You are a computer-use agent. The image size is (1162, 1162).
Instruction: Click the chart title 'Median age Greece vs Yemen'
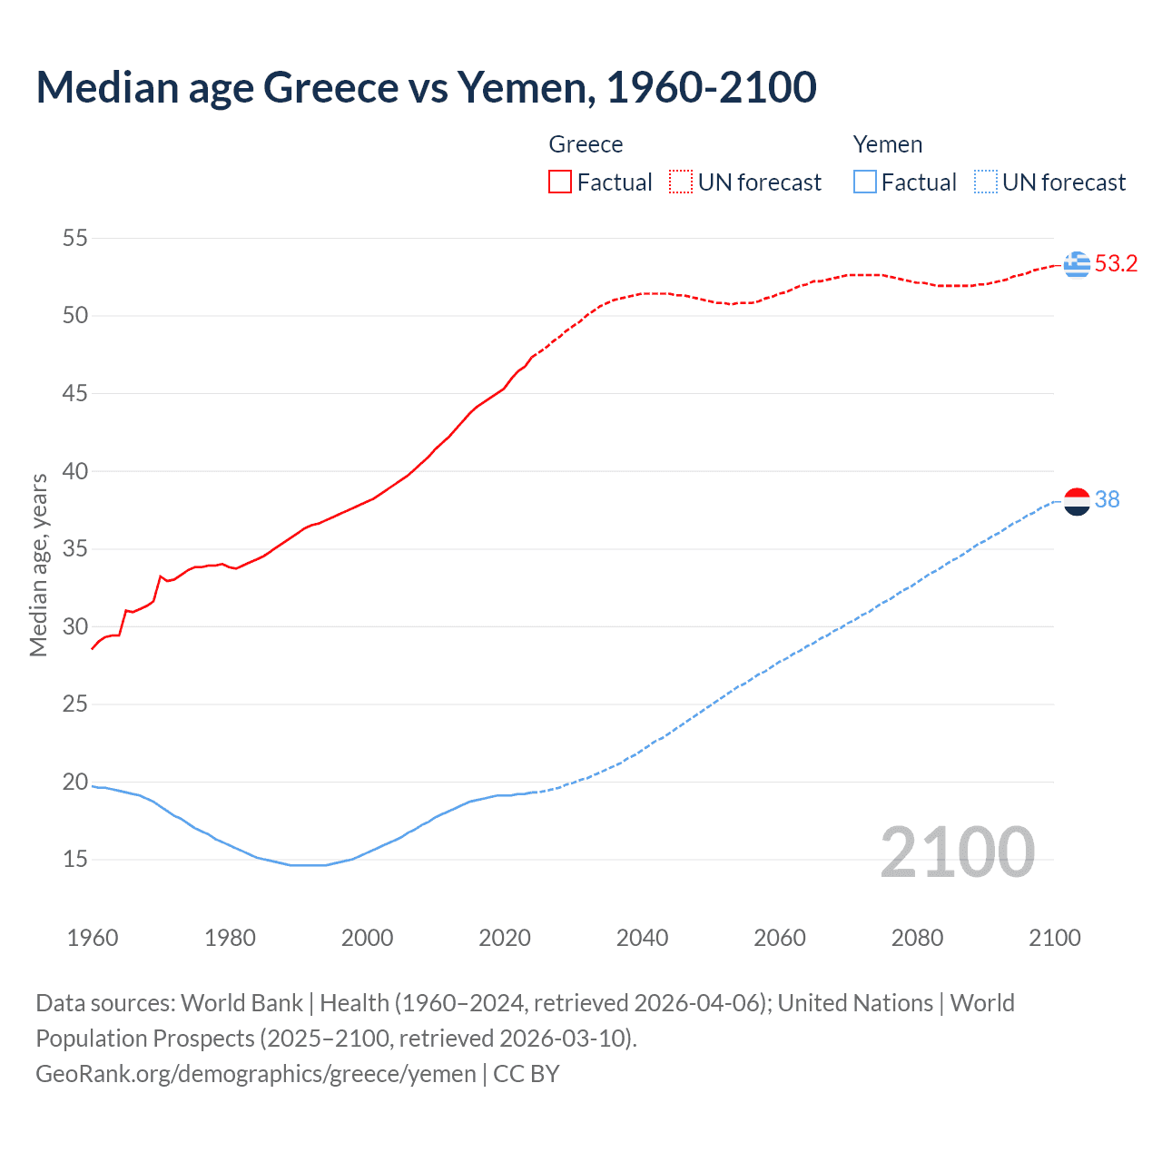coord(426,87)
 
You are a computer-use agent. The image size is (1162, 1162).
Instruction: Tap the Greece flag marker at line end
coord(1077,264)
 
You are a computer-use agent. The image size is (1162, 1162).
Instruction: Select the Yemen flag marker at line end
coord(1077,500)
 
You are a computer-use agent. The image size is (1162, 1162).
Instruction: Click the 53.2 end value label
coord(1116,264)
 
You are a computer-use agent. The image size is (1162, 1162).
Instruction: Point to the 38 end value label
coord(1107,500)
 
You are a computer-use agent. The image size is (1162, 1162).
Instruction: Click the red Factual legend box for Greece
coord(560,182)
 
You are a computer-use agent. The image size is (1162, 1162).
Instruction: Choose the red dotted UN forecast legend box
coord(681,182)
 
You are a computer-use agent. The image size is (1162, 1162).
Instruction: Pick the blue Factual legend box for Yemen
coord(864,182)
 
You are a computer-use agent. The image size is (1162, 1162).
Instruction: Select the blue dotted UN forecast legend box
coord(985,182)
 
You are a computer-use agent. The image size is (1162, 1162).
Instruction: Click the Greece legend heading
coord(586,144)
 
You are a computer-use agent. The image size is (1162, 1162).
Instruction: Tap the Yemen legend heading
coord(887,144)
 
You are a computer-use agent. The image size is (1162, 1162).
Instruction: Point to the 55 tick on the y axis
coord(74,239)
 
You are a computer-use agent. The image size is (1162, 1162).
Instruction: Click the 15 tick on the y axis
coord(74,859)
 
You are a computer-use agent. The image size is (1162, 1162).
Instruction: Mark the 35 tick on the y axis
coord(74,549)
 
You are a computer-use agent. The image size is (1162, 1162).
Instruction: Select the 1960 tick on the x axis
coord(93,938)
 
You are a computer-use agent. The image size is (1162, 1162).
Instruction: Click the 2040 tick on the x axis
coord(642,938)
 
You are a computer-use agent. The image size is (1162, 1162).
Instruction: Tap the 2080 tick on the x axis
coord(917,938)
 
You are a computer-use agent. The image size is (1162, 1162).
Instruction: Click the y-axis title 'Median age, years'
coord(38,565)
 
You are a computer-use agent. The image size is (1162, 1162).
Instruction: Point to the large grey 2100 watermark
coord(957,852)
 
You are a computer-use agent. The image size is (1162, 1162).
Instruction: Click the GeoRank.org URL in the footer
coord(255,1074)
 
